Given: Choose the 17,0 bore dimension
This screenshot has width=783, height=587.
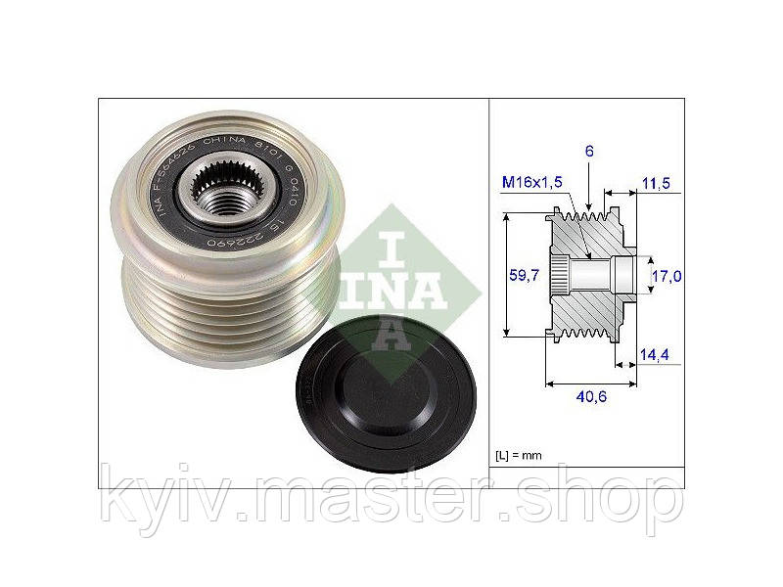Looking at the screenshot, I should point(666,277).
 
